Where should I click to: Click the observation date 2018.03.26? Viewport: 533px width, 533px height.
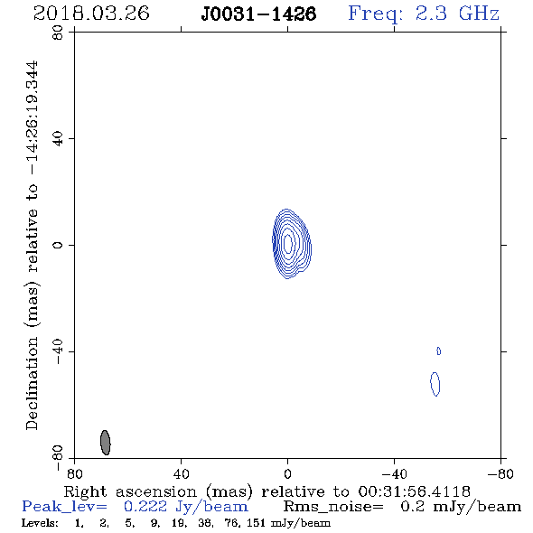click(91, 14)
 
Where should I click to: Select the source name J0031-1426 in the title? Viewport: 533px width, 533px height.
click(258, 14)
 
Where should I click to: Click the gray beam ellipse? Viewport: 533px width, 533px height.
click(106, 443)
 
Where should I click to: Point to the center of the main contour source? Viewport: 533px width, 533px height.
click(288, 243)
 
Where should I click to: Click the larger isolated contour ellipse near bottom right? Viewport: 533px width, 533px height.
click(435, 384)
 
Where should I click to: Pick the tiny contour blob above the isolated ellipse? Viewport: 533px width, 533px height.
click(438, 351)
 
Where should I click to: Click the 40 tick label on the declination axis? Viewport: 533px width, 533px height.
click(58, 139)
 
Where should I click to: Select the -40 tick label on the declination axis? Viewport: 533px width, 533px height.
click(58, 351)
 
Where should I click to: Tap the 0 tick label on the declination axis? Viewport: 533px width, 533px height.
click(58, 245)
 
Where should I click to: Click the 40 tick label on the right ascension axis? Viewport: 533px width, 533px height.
click(181, 473)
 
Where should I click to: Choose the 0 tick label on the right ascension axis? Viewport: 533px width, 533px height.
click(287, 473)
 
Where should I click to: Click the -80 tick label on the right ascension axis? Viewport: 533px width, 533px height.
click(500, 473)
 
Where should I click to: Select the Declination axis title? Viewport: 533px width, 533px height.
click(33, 245)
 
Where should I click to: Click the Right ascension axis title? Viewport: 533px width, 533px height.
click(266, 491)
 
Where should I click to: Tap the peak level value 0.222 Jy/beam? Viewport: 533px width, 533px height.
click(185, 507)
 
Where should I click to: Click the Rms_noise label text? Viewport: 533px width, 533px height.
click(333, 507)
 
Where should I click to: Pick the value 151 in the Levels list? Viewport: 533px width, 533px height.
click(256, 522)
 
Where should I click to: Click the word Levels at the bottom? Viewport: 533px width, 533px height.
click(40, 522)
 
